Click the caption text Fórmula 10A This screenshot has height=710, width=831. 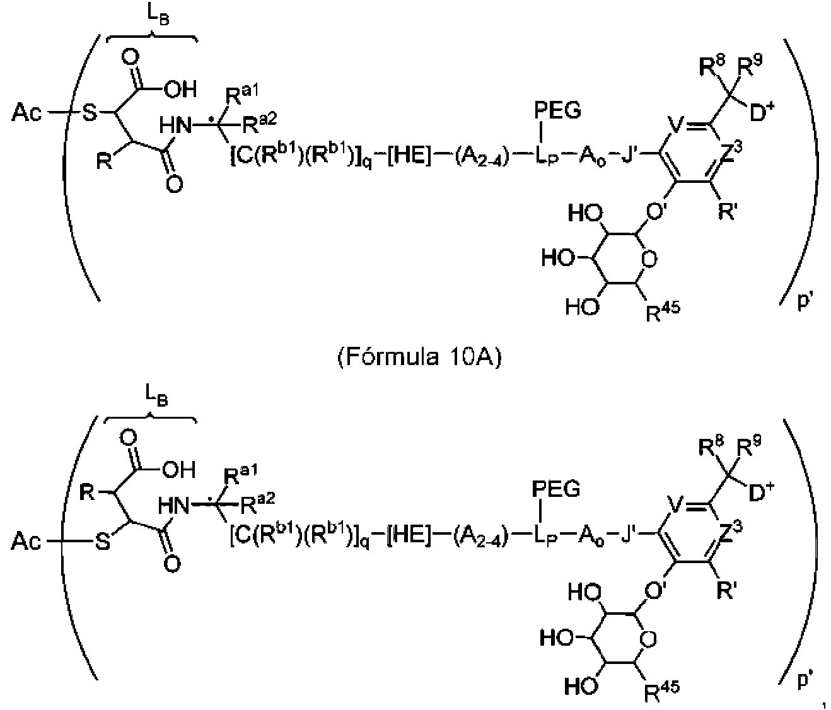click(x=419, y=357)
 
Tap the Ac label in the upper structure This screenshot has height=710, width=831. click(x=26, y=112)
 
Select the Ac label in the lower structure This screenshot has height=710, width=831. click(x=26, y=541)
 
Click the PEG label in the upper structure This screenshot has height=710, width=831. click(x=557, y=111)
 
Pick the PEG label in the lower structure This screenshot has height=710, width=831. click(x=556, y=489)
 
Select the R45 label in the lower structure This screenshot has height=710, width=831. click(x=662, y=691)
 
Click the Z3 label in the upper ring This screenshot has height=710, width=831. click(x=731, y=153)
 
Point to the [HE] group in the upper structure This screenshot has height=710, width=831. click(x=408, y=155)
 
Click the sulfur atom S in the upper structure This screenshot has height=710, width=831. click(x=90, y=112)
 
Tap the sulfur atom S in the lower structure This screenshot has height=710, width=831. click(x=102, y=541)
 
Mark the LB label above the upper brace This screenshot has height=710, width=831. click(x=158, y=17)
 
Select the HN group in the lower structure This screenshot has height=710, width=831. click(x=173, y=505)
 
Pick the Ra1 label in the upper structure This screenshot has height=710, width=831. click(x=241, y=95)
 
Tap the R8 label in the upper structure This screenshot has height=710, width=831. click(x=713, y=67)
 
